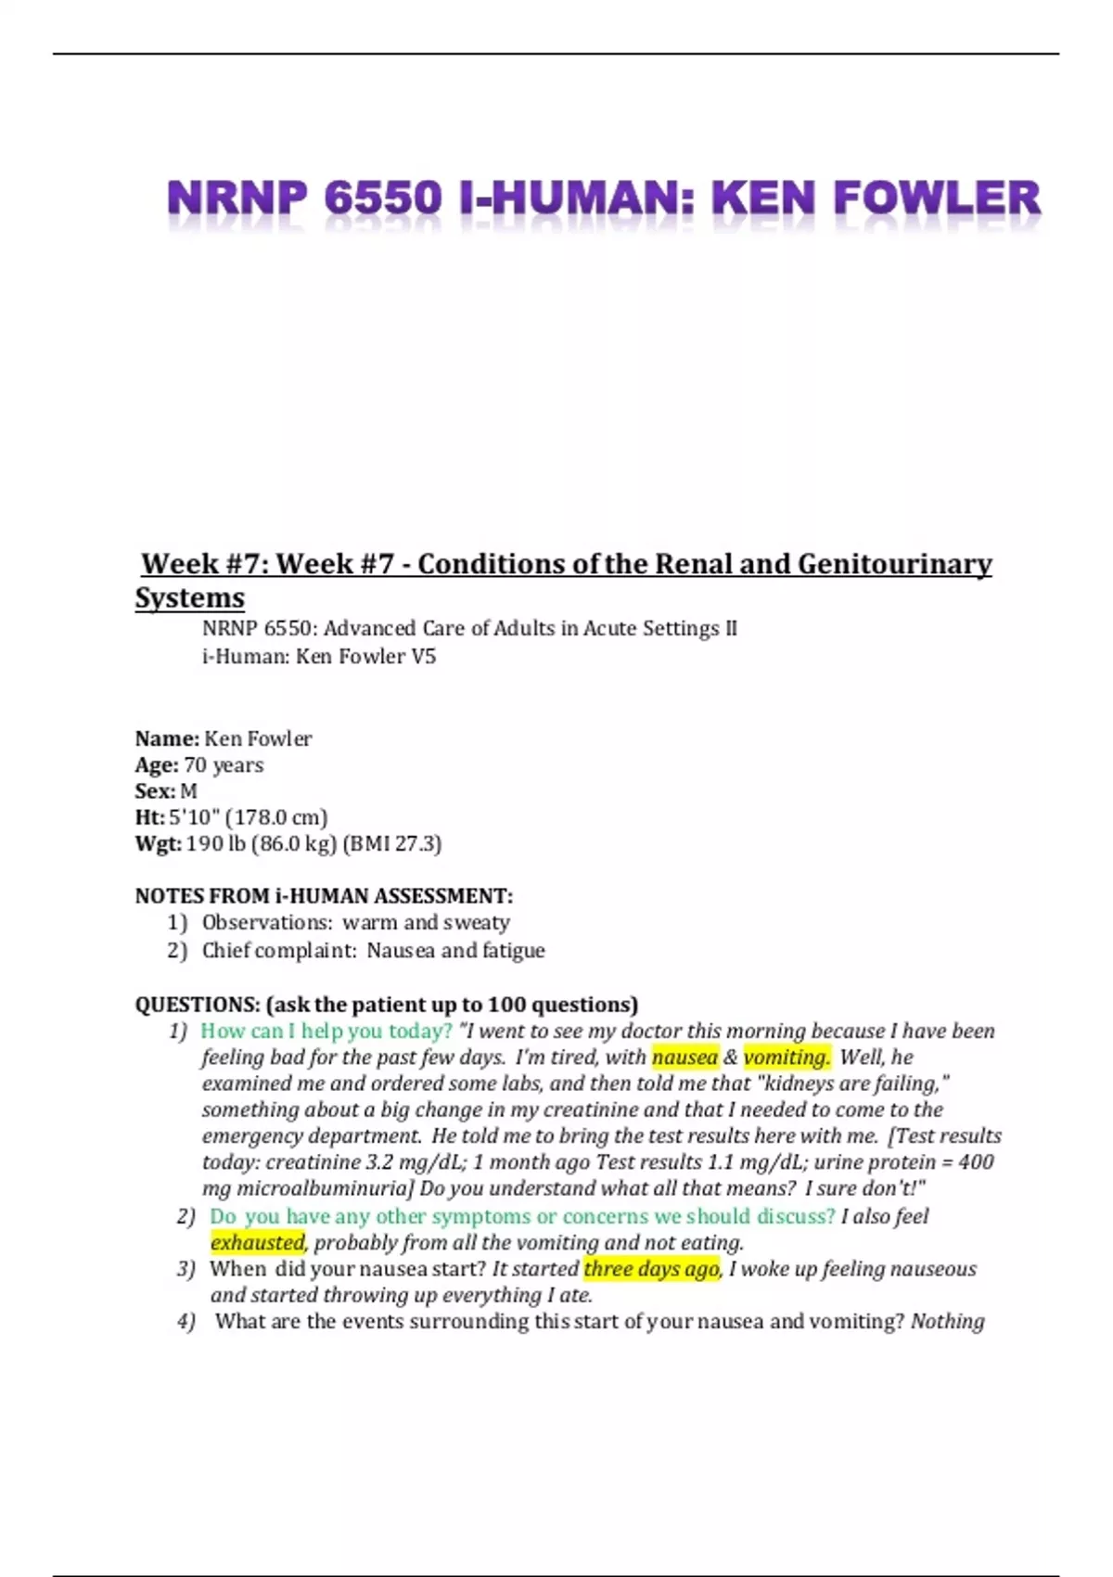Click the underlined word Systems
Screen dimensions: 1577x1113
[190, 597]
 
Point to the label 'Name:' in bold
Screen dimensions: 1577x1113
[167, 738]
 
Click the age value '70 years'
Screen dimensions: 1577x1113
[224, 765]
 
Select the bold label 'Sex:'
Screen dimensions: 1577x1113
[155, 791]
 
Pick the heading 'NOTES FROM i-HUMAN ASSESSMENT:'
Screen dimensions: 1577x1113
[324, 896]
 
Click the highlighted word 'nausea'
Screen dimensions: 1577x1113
[684, 1058]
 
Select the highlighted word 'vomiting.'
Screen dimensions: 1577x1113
[787, 1058]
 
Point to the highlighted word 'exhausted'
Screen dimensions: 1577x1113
[257, 1243]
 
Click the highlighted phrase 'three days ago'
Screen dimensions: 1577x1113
[651, 1269]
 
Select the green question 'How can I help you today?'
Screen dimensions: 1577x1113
[326, 1032]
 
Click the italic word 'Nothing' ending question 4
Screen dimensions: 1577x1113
[947, 1321]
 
